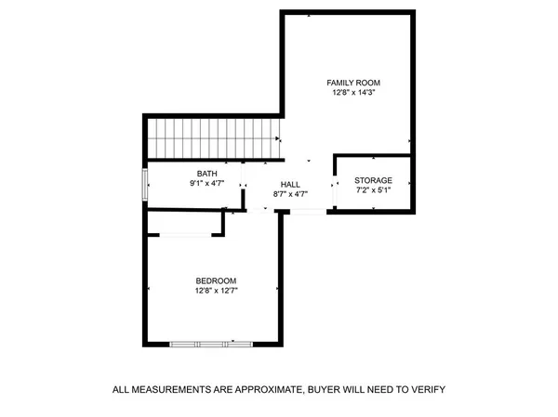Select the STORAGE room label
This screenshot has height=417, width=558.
pyautogui.click(x=374, y=180)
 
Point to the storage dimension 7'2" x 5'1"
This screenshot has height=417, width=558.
pyautogui.click(x=374, y=190)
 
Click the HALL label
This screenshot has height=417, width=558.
pyautogui.click(x=290, y=184)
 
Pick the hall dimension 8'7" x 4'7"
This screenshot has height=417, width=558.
pyautogui.click(x=290, y=194)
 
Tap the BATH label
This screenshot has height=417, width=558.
pyautogui.click(x=206, y=174)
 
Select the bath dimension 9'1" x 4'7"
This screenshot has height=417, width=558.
pyautogui.click(x=206, y=184)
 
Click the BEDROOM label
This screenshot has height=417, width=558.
pyautogui.click(x=215, y=281)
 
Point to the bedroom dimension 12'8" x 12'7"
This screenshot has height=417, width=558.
pyautogui.click(x=215, y=292)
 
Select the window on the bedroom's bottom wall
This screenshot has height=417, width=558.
pyautogui.click(x=212, y=345)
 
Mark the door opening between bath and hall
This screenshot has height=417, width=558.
pyautogui.click(x=243, y=184)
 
